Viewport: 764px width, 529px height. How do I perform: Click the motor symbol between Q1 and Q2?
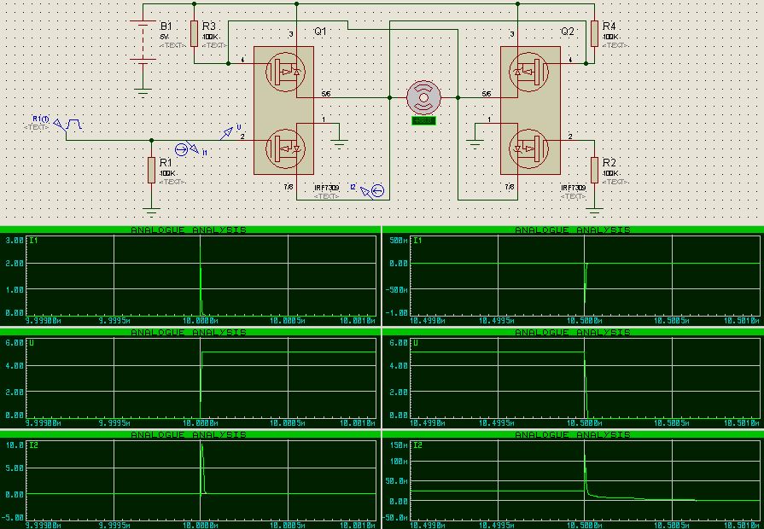tap(423, 97)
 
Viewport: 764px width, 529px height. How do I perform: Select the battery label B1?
tap(166, 26)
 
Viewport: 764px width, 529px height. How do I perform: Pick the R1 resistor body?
tap(152, 170)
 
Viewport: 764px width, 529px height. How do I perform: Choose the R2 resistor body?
tap(595, 170)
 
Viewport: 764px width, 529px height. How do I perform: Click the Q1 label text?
tap(320, 31)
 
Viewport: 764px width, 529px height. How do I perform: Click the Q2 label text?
tap(568, 31)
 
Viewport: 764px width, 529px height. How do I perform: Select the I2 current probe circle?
tap(377, 192)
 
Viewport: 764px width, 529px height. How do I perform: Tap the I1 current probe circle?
tap(193, 148)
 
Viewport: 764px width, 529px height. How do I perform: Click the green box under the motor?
tap(423, 120)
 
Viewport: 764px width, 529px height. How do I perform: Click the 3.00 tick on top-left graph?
tap(15, 241)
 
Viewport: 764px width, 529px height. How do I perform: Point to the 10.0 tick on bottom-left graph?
tap(15, 445)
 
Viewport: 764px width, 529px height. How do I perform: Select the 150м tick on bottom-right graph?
tap(398, 445)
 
